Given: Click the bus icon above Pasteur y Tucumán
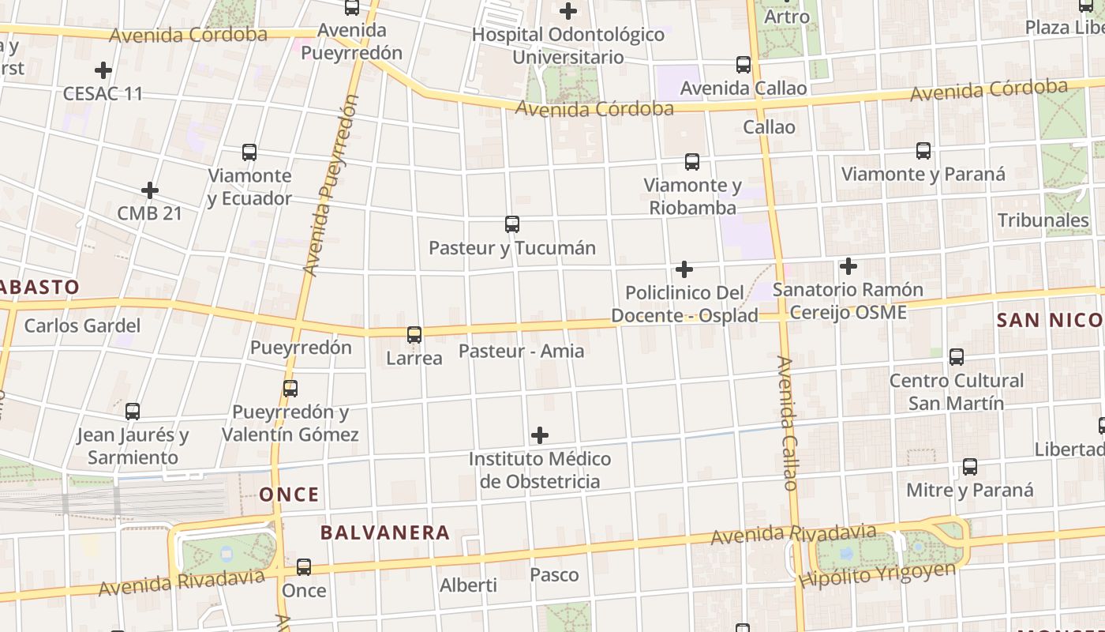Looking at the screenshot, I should [511, 224].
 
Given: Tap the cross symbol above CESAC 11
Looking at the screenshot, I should [103, 70].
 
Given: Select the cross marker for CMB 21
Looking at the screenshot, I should [149, 190].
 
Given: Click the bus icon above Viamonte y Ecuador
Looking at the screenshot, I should [249, 152].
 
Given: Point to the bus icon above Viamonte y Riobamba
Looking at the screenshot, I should [692, 162].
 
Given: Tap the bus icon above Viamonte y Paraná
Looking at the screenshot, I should [923, 150].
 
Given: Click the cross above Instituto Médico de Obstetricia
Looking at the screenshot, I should [540, 435].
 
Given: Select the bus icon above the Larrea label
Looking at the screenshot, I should [414, 335].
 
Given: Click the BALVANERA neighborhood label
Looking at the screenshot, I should [385, 532].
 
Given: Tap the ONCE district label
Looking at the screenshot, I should [290, 495].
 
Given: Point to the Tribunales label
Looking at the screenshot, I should [1043, 220].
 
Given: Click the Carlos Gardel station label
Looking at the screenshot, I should [82, 325].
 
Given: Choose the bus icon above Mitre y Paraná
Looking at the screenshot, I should [970, 467].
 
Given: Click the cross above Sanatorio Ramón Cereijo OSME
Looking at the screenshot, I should [848, 266].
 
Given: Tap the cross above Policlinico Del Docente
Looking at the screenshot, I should [684, 269].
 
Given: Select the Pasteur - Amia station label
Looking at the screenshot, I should [521, 351].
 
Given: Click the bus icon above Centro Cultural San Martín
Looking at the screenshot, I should [957, 357].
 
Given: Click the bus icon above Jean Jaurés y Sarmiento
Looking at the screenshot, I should [133, 412].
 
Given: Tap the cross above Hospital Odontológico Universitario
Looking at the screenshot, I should [567, 11].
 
